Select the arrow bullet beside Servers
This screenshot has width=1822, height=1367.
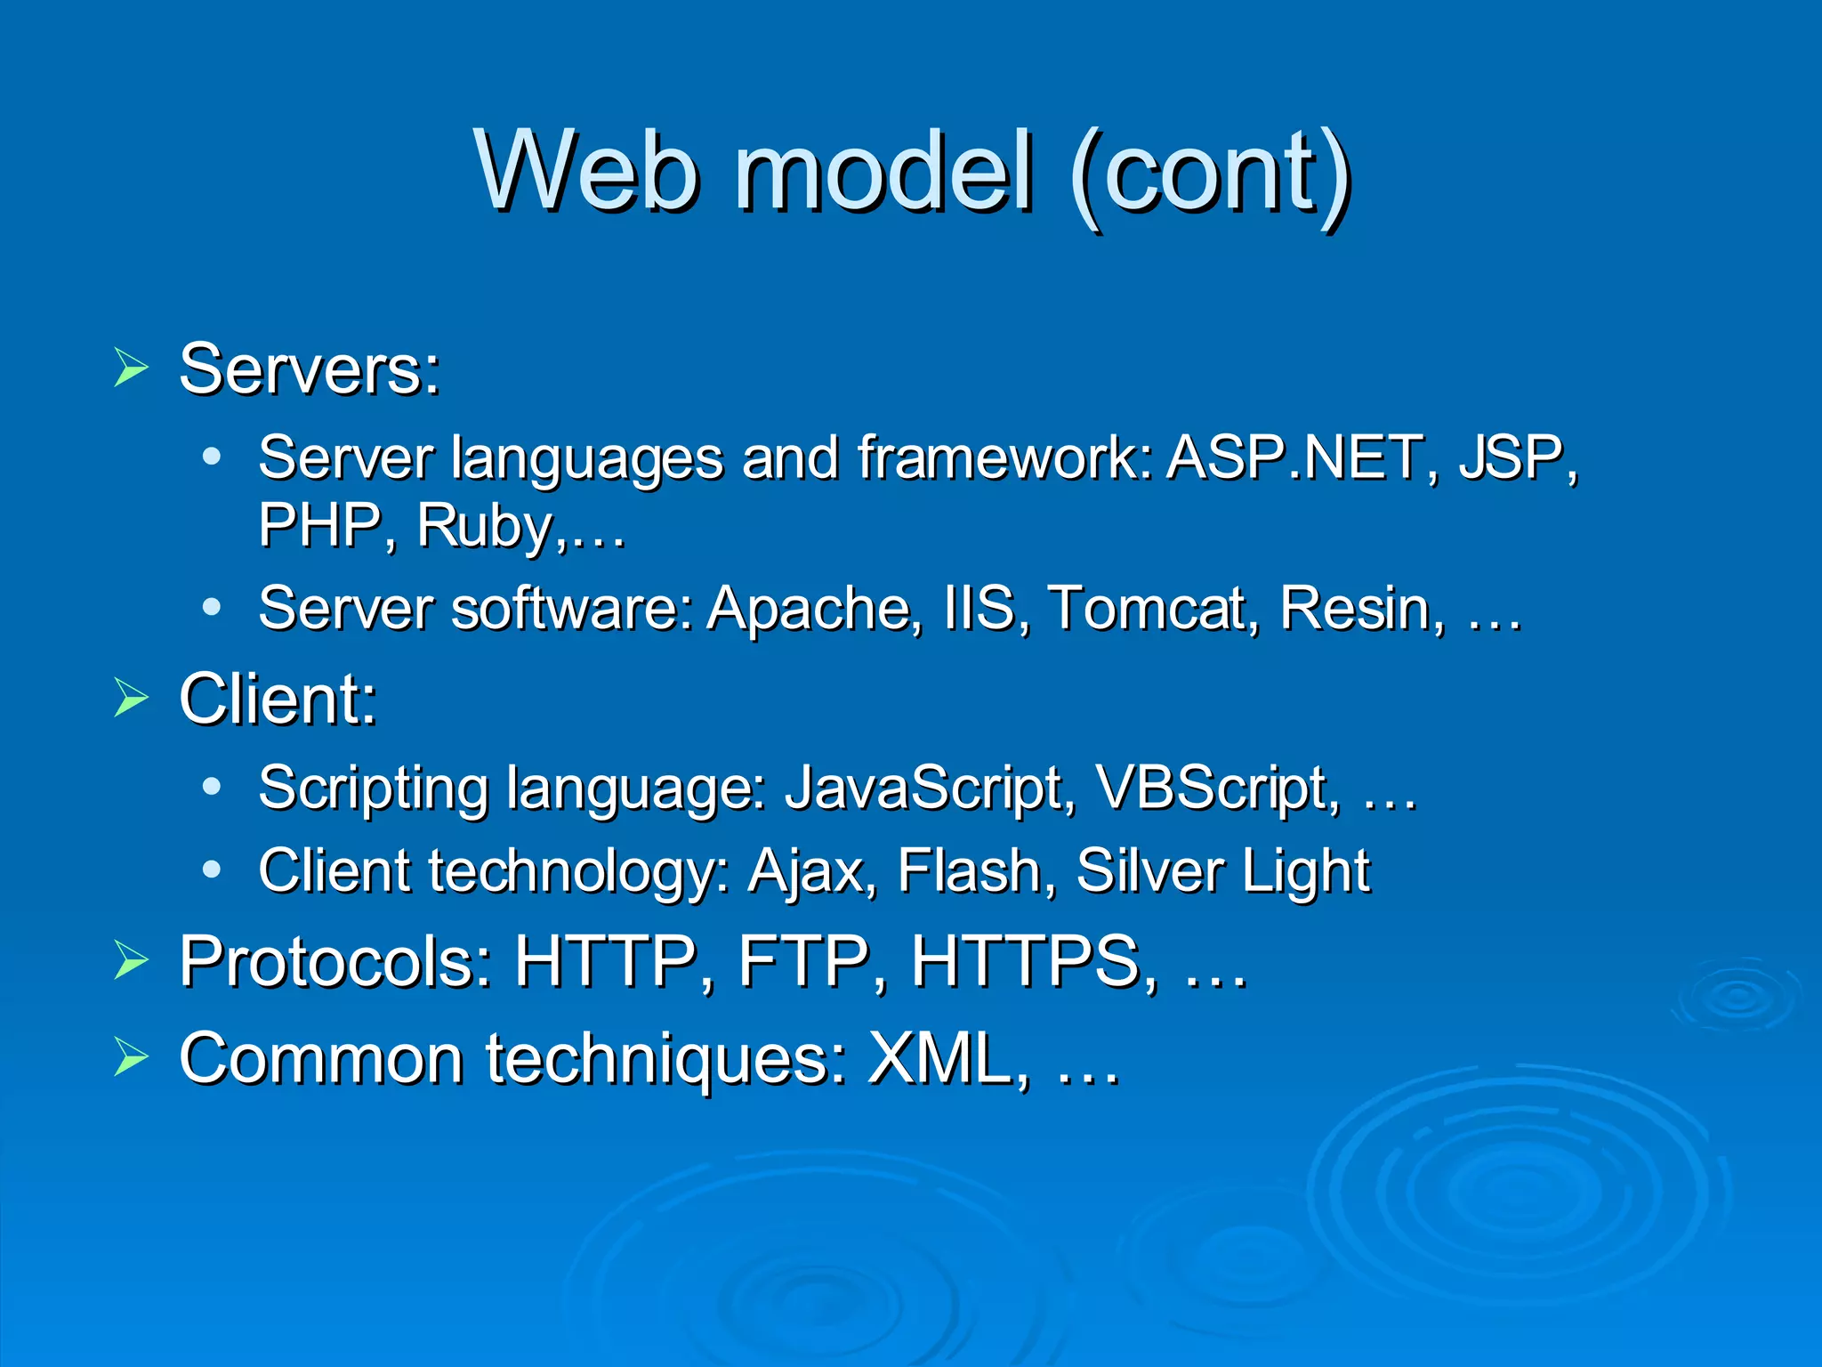click(131, 368)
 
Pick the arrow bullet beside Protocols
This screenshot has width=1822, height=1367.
click(131, 961)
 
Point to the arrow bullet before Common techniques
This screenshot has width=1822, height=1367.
click(131, 1058)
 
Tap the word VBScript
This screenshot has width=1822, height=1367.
click(1213, 789)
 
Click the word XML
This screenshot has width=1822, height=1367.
click(943, 1058)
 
